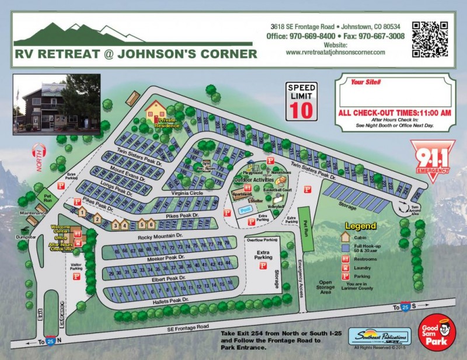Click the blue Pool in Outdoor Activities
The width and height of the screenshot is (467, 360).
click(x=246, y=209)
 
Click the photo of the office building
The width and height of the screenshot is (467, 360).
click(x=57, y=101)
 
